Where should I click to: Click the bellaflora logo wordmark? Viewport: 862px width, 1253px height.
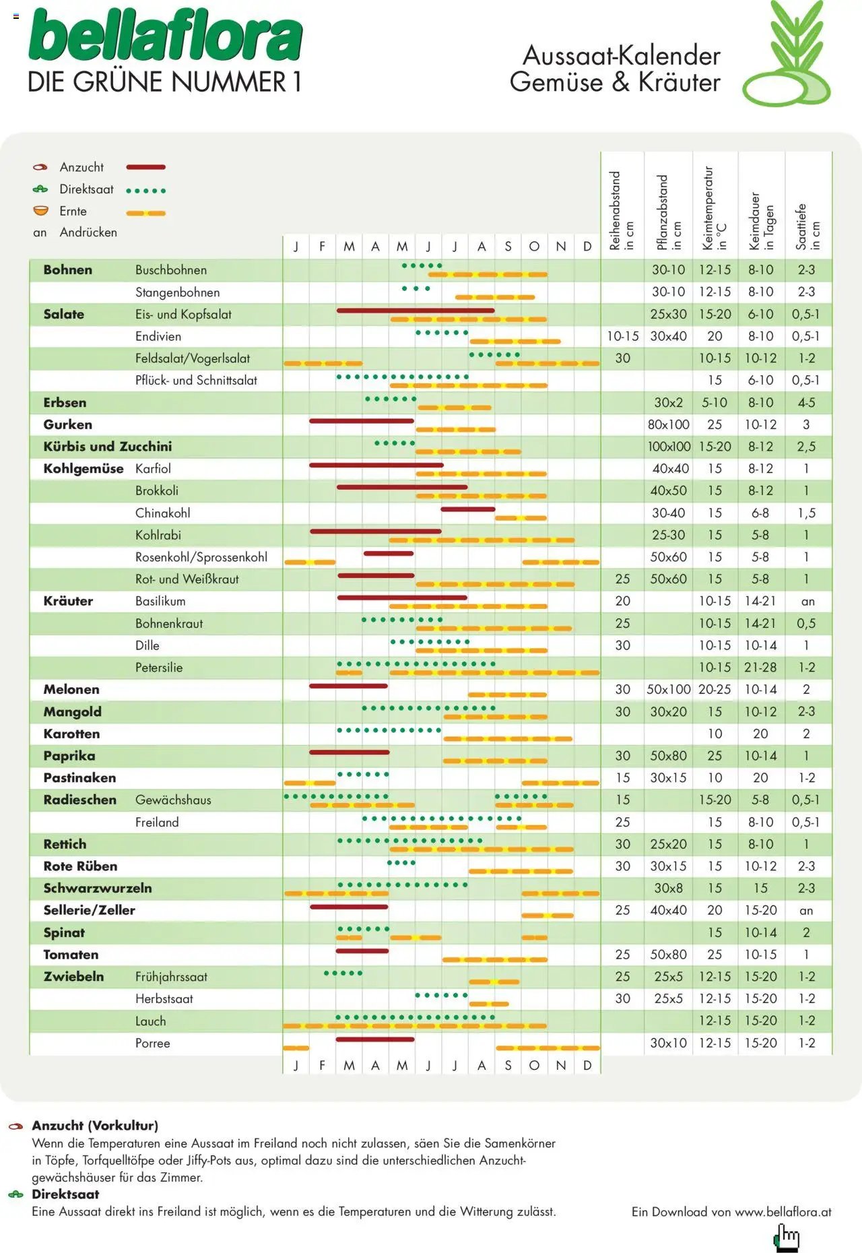click(x=165, y=37)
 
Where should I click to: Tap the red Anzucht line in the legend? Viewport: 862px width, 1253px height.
click(x=145, y=167)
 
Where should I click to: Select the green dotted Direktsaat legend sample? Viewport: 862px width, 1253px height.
click(x=145, y=191)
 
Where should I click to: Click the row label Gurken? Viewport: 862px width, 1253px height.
click(x=67, y=424)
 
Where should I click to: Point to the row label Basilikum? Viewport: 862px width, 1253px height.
click(x=160, y=601)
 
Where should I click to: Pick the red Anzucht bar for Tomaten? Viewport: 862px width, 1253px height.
click(x=362, y=951)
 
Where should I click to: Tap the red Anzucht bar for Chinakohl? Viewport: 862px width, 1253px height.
click(x=467, y=509)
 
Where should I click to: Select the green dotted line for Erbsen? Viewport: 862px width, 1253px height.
click(x=391, y=399)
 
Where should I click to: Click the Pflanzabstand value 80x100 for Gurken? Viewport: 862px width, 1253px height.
click(x=668, y=424)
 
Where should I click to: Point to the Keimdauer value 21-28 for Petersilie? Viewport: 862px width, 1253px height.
click(x=760, y=668)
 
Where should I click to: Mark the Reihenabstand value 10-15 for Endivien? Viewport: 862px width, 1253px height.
click(x=622, y=336)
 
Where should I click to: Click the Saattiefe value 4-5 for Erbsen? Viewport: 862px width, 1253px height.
click(x=806, y=403)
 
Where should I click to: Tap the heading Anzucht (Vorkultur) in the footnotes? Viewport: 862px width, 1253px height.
click(x=95, y=1125)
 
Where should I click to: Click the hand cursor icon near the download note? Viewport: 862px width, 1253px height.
click(x=787, y=1237)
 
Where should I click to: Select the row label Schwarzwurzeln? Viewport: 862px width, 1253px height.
click(x=98, y=888)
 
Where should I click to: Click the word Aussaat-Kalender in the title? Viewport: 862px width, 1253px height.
click(x=621, y=55)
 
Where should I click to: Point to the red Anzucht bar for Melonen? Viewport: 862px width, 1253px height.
click(x=348, y=686)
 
